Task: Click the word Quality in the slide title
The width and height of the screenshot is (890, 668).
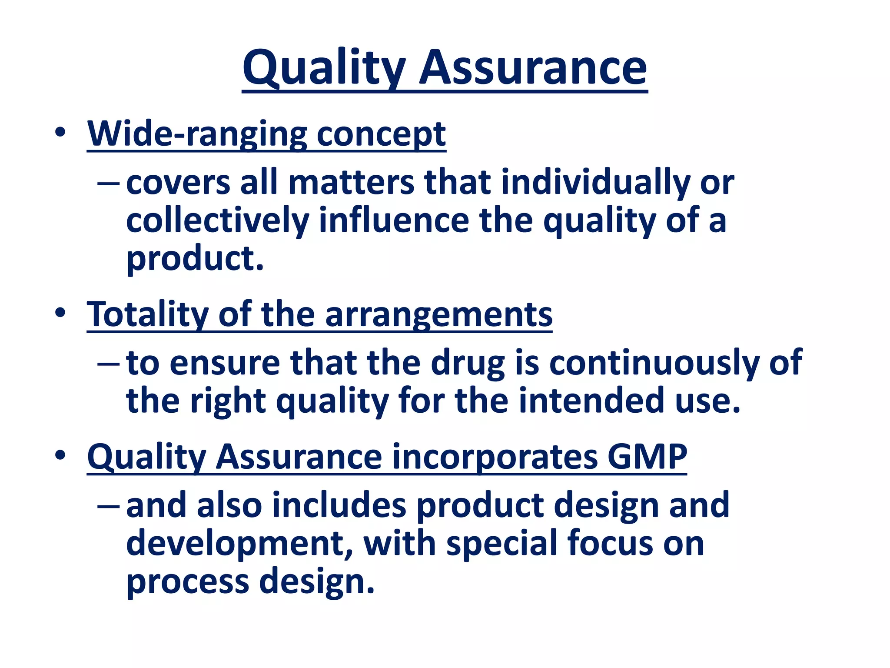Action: point(324,69)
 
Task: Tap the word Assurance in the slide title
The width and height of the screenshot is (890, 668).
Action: point(533,69)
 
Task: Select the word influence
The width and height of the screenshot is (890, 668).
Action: point(394,220)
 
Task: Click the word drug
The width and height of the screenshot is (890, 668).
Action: point(468,363)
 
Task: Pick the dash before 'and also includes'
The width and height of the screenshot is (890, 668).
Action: point(108,506)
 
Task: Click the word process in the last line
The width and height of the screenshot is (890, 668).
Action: point(187,582)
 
